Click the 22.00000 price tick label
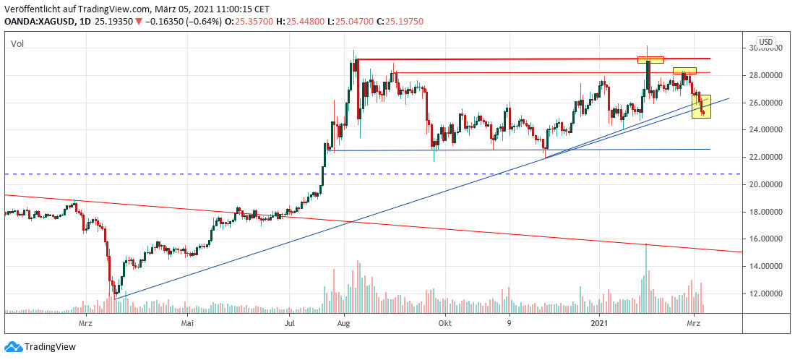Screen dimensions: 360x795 click(x=765, y=157)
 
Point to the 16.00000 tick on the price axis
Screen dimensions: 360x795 click(x=765, y=239)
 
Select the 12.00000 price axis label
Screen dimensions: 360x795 click(x=765, y=293)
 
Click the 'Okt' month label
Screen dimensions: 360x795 click(x=444, y=323)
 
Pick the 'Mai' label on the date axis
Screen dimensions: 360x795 click(x=188, y=323)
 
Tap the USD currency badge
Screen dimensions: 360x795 click(x=765, y=41)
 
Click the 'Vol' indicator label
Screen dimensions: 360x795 click(x=17, y=44)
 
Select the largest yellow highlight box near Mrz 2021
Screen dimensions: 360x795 click(x=701, y=106)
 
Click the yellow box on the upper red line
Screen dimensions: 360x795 click(x=650, y=59)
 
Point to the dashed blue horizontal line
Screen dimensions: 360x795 click(x=361, y=174)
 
